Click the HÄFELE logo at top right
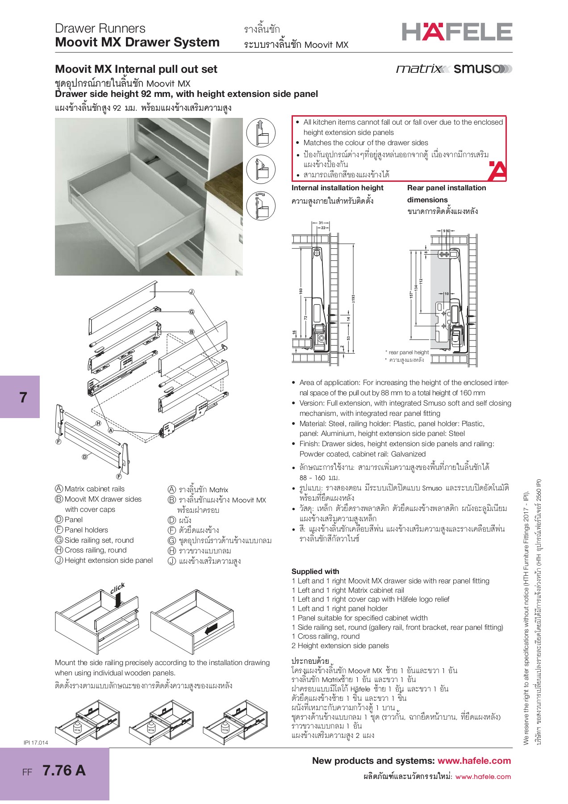coord(457,32)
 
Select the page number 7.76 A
coord(64,770)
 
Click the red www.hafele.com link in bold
coord(474,761)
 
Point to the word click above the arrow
coord(117,589)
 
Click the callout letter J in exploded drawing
coord(192,292)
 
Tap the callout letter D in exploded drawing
coord(84,456)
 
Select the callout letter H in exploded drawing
coord(98,423)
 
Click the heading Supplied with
coord(315,571)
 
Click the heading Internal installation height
coord(337,188)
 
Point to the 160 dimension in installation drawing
coord(301,291)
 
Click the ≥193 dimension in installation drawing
coord(353,299)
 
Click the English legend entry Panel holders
coord(86,530)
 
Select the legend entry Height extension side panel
coord(108,560)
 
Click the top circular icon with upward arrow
coord(261,132)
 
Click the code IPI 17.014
coord(36,742)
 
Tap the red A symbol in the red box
coord(497,172)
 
